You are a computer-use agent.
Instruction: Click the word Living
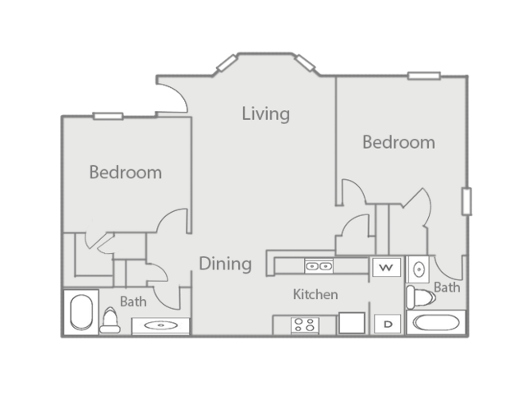[x=265, y=113]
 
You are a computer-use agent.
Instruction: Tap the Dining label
[x=224, y=264]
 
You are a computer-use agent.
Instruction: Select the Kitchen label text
[x=315, y=294]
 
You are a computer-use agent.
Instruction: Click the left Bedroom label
[x=125, y=173]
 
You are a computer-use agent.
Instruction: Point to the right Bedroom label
[x=398, y=142]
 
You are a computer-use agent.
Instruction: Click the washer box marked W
[x=385, y=267]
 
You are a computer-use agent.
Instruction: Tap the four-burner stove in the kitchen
[x=304, y=325]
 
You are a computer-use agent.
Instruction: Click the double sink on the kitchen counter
[x=318, y=265]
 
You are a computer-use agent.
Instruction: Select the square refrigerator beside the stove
[x=352, y=323]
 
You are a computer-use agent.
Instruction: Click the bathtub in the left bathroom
[x=81, y=313]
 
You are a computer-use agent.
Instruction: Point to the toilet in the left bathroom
[x=109, y=320]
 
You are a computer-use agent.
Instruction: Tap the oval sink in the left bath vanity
[x=159, y=326]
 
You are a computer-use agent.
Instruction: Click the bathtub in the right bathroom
[x=438, y=322]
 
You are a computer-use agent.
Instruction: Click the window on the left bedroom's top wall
[x=108, y=116]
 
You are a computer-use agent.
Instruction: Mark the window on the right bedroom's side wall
[x=467, y=202]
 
